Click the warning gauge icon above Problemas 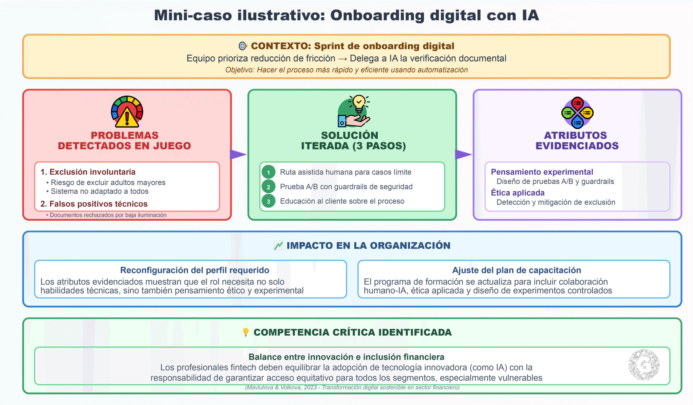pos(127,111)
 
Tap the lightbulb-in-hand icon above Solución pos(354,111)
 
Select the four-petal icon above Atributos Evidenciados pos(577,112)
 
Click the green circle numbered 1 pos(268,172)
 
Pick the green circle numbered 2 pos(268,187)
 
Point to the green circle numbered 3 pos(268,201)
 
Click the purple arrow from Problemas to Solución pos(238,155)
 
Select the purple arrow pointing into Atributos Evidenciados pos(463,155)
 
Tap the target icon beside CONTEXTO pos(243,46)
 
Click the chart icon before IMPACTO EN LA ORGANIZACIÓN pos(279,246)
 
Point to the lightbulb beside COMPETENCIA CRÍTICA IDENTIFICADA pos(246,332)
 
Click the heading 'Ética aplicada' pos(518,193)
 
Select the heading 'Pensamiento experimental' pos(542,172)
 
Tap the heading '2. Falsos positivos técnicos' pos(94,204)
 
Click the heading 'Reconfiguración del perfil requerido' pos(195,270)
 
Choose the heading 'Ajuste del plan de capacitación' pos(517,270)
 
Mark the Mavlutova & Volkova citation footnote pos(352,387)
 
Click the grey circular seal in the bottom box pos(644,365)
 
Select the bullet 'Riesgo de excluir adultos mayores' pos(106,182)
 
